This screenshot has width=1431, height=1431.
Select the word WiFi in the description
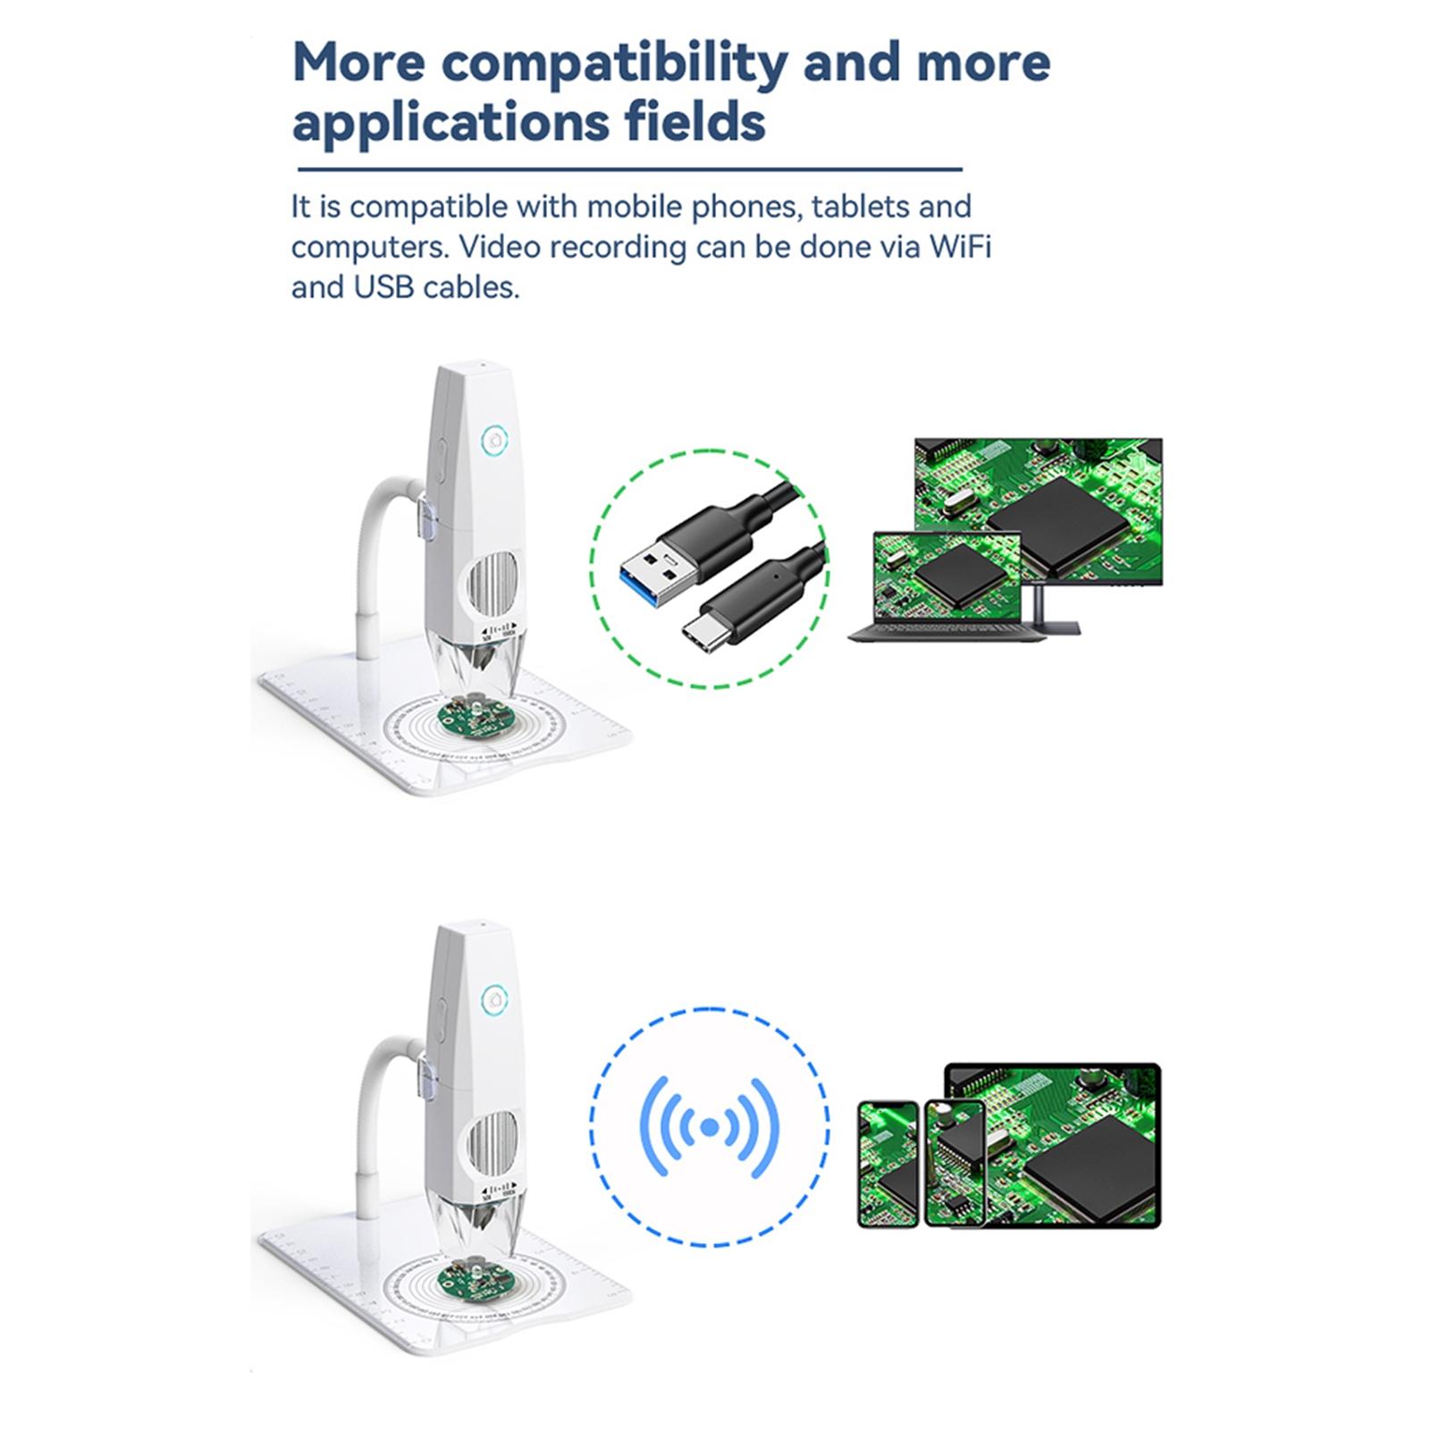pyautogui.click(x=960, y=247)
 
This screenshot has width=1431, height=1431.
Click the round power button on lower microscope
pyautogui.click(x=493, y=1000)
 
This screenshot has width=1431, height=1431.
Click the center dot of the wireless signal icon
pyautogui.click(x=710, y=1128)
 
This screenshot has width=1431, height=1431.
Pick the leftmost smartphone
pyautogui.click(x=888, y=1164)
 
